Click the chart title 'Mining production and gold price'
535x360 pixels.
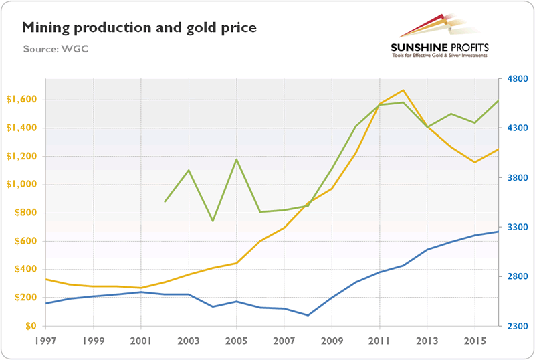(x=139, y=28)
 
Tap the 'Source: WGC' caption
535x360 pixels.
(x=56, y=49)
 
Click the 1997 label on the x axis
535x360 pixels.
(x=46, y=340)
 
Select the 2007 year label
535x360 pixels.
(x=284, y=340)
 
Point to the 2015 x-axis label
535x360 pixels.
(x=474, y=340)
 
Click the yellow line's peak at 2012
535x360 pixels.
(x=403, y=90)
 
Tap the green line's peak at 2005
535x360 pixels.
(x=237, y=159)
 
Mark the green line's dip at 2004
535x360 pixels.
(x=213, y=221)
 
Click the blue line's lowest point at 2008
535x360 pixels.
(x=308, y=315)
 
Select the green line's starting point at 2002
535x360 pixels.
(x=165, y=201)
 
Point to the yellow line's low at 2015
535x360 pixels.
(x=474, y=162)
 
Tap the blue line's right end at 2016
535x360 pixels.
(x=498, y=232)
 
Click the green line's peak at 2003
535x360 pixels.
(x=189, y=170)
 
